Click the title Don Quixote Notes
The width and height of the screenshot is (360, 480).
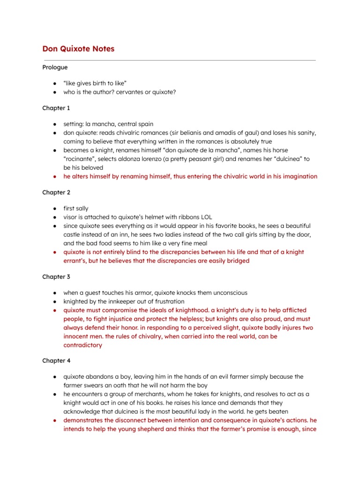(78, 49)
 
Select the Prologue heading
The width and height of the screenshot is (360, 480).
(55, 67)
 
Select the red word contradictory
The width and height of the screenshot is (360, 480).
(82, 345)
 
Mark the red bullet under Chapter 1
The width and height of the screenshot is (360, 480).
(55, 177)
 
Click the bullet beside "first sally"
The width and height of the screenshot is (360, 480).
(55, 209)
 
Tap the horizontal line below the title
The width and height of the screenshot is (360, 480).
(180, 60)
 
